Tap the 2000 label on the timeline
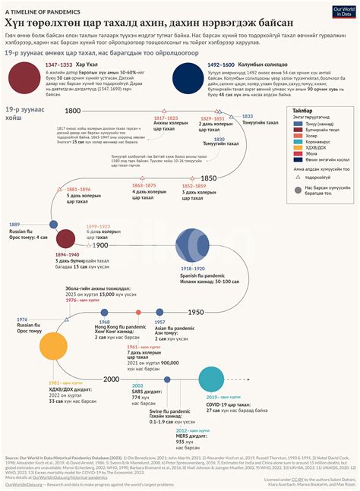click(x=112, y=379)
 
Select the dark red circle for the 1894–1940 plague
click(x=65, y=238)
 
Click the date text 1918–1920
click(x=192, y=269)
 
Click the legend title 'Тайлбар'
click(x=302, y=110)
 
